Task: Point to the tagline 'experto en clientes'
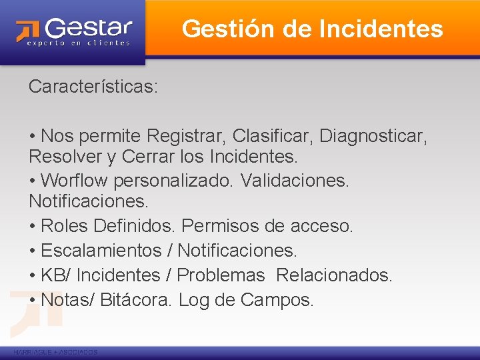click(79, 43)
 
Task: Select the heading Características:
click(93, 87)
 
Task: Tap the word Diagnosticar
click(373, 136)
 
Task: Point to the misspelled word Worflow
click(74, 180)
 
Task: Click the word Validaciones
click(294, 180)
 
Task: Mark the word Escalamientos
click(101, 251)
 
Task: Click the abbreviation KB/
click(54, 275)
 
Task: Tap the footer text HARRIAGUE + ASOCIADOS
click(55, 352)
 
